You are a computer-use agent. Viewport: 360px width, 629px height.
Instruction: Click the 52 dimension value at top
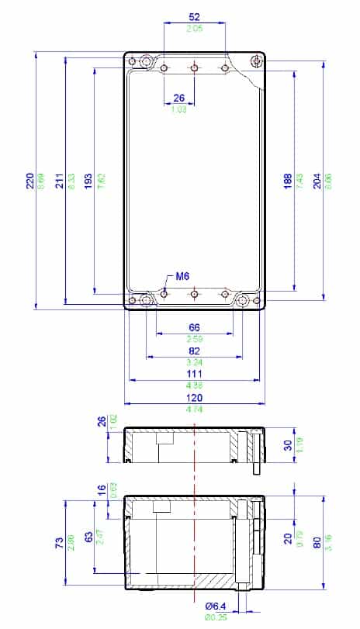pos(194,16)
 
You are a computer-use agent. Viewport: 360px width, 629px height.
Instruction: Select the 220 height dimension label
pos(30,181)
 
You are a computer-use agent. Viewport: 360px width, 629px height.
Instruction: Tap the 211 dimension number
pos(61,181)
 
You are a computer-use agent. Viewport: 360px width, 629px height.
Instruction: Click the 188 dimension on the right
pos(288,181)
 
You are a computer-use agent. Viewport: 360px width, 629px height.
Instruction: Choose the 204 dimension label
pos(317,181)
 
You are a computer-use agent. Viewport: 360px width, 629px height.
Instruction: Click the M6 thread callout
pos(183,276)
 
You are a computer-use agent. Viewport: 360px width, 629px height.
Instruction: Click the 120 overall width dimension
pos(194,397)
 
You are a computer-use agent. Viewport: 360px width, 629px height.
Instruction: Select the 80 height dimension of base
pos(317,543)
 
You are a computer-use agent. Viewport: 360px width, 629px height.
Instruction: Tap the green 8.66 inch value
pos(40,181)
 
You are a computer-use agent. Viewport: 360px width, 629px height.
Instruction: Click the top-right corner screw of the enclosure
pos(257,61)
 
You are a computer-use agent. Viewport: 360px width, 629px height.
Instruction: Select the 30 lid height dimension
pos(288,445)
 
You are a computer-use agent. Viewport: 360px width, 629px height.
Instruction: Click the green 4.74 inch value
pos(194,408)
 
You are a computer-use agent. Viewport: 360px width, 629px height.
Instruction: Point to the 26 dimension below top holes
pos(179,98)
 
